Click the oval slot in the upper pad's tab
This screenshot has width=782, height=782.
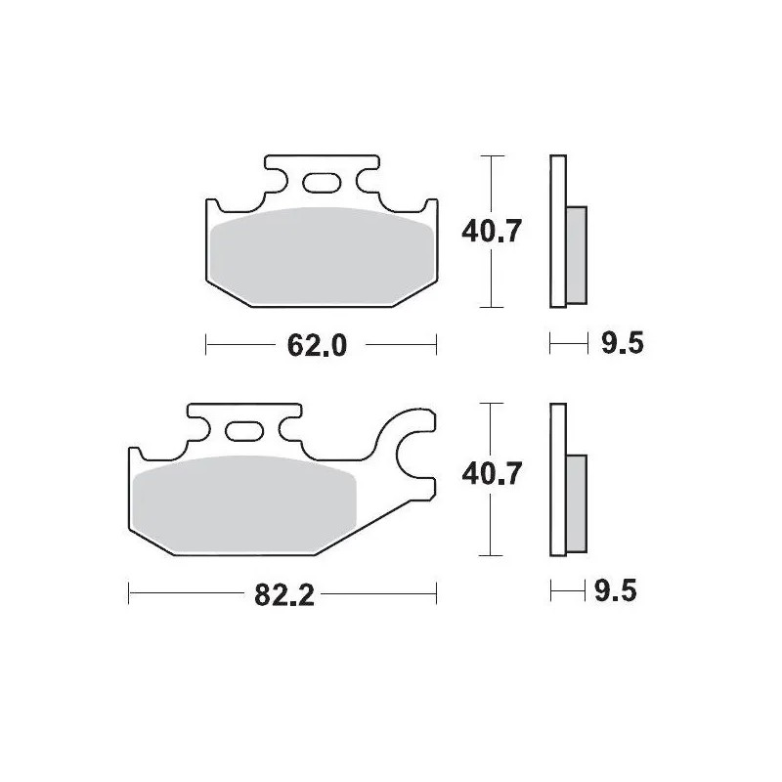tap(320, 182)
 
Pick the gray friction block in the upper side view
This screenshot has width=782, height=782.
tap(577, 254)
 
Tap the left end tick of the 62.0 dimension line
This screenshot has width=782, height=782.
tap(206, 344)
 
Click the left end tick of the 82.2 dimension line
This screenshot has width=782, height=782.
tap(130, 592)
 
